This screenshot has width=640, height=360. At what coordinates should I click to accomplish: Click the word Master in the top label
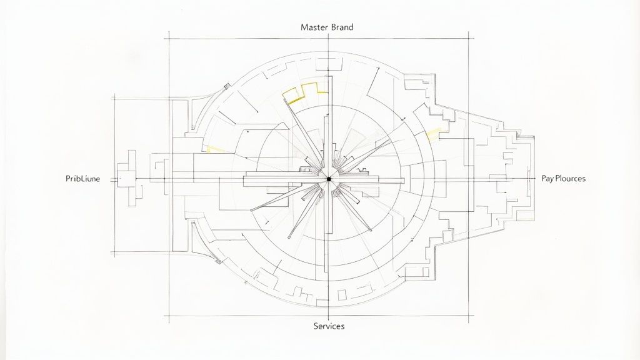pyautogui.click(x=314, y=27)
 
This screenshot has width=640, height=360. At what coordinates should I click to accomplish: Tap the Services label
pyautogui.click(x=329, y=326)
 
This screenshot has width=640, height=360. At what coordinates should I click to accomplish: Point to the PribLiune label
pyautogui.click(x=82, y=179)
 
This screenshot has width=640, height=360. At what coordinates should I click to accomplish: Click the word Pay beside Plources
pyautogui.click(x=547, y=179)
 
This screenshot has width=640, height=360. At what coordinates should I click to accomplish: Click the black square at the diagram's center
pyautogui.click(x=329, y=179)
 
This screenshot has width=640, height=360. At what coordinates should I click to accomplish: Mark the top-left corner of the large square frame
pyautogui.click(x=169, y=39)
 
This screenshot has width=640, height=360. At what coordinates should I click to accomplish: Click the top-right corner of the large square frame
pyautogui.click(x=471, y=39)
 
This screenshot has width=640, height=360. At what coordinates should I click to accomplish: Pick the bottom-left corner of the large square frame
pyautogui.click(x=169, y=316)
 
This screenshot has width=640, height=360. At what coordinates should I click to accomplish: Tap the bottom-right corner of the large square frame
pyautogui.click(x=471, y=316)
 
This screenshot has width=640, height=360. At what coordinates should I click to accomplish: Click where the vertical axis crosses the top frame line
pyautogui.click(x=329, y=39)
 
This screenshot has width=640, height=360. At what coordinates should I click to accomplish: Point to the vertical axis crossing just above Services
pyautogui.click(x=329, y=316)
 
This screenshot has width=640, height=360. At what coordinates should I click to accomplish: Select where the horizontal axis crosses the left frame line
pyautogui.click(x=169, y=179)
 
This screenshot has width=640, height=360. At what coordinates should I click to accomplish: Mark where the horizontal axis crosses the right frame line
pyautogui.click(x=471, y=179)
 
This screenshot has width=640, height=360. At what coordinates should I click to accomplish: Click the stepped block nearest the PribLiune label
pyautogui.click(x=130, y=178)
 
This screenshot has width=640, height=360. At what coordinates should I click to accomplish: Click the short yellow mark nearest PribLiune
pyautogui.click(x=214, y=149)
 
